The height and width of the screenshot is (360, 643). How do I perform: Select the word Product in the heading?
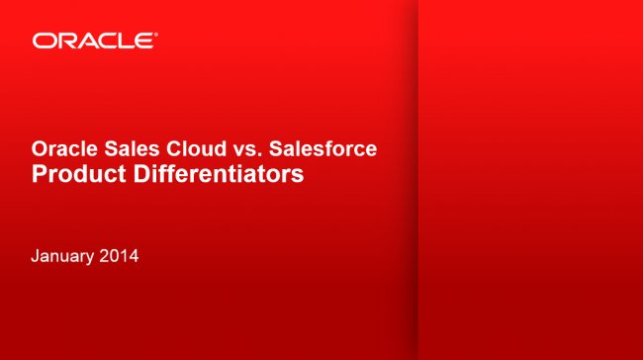pos(74,176)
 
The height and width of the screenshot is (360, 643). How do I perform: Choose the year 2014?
pos(120,257)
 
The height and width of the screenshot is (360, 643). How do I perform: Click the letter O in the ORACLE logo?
pos(42,41)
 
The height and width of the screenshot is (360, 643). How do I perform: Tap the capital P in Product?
pos(39,176)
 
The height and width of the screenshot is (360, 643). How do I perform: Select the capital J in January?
pos(36,257)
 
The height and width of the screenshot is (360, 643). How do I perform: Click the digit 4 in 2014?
pos(133,257)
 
